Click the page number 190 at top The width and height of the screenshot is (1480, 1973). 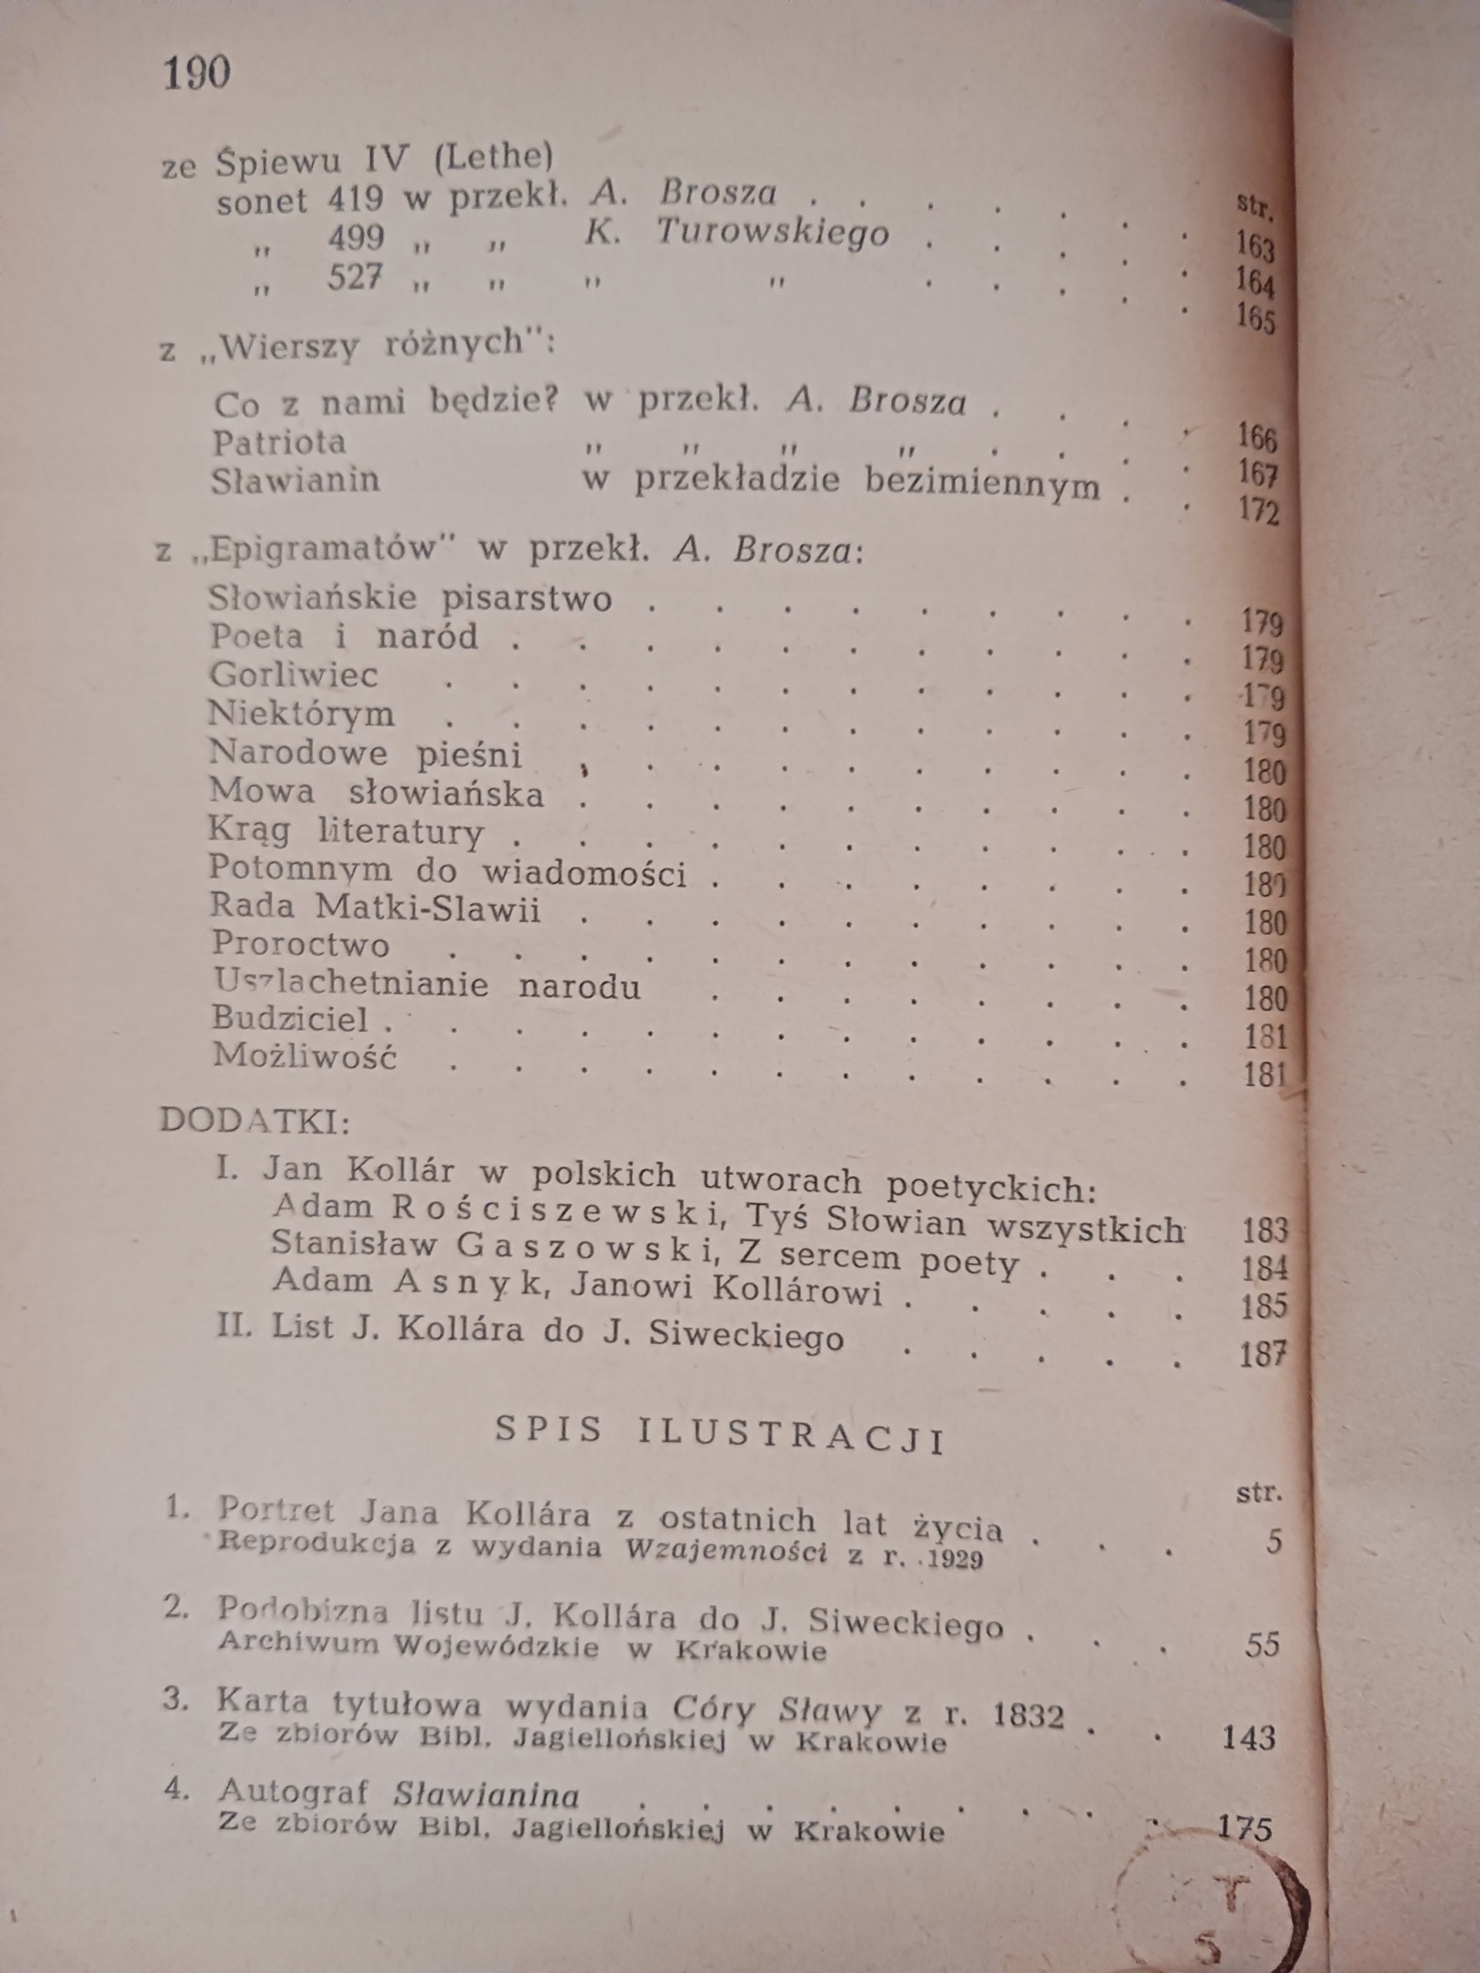(197, 72)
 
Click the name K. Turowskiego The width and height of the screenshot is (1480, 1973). (737, 233)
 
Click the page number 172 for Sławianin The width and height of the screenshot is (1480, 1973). (1258, 514)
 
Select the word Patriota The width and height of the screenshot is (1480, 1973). (279, 442)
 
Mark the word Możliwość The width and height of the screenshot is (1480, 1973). (304, 1057)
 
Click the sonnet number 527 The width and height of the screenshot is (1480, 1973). (355, 278)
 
